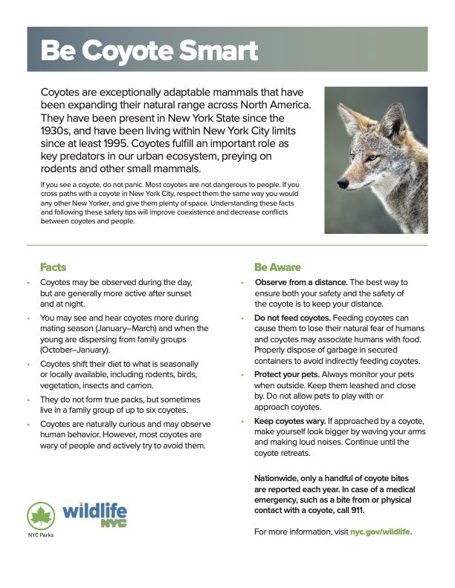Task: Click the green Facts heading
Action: pyautogui.click(x=54, y=267)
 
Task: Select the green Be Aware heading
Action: pyautogui.click(x=277, y=267)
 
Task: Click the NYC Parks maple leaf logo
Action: pyautogui.click(x=41, y=515)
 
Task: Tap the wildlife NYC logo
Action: pyautogui.click(x=94, y=514)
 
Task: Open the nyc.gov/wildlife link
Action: pyautogui.click(x=381, y=532)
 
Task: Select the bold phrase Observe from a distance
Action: pyautogui.click(x=300, y=282)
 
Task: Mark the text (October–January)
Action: pyautogui.click(x=75, y=349)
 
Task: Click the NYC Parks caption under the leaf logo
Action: pyautogui.click(x=41, y=535)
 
